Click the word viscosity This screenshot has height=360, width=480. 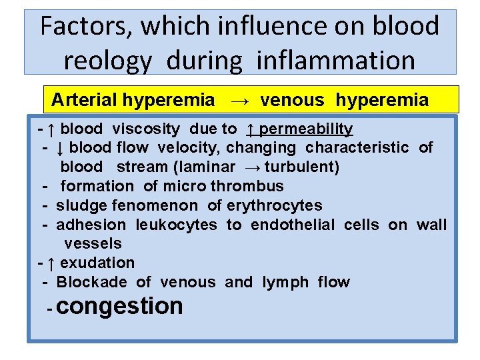146,129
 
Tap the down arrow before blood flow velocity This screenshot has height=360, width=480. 59,147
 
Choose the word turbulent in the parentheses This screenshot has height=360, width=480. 301,167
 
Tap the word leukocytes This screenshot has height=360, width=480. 176,225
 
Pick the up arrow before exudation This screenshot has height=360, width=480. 51,263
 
